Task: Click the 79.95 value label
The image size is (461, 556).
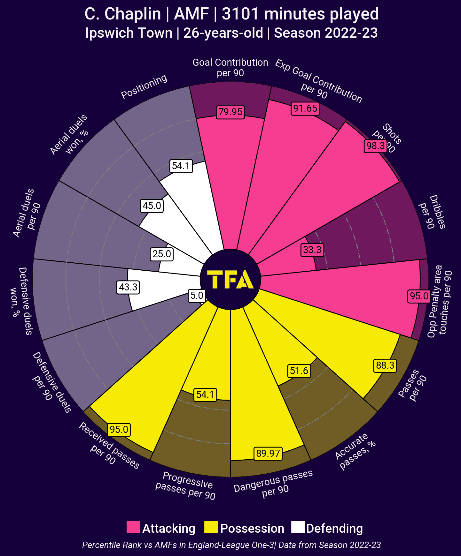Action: coord(231,112)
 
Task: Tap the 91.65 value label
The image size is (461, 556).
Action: coord(305,109)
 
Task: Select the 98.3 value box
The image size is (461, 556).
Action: coord(375,146)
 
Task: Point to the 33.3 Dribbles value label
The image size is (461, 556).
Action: coord(312,250)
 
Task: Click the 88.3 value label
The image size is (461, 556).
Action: coord(385,365)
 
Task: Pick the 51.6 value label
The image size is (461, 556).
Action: coord(299,371)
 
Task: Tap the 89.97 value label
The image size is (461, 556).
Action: coord(268,453)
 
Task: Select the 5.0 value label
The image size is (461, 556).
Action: coord(197,296)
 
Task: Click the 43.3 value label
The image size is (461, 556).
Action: coord(128,287)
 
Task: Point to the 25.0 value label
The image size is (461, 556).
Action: coord(162,254)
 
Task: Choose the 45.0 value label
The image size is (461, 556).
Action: coord(152,206)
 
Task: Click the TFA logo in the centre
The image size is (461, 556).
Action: coord(231,280)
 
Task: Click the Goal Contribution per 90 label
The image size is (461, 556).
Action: coord(230,67)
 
